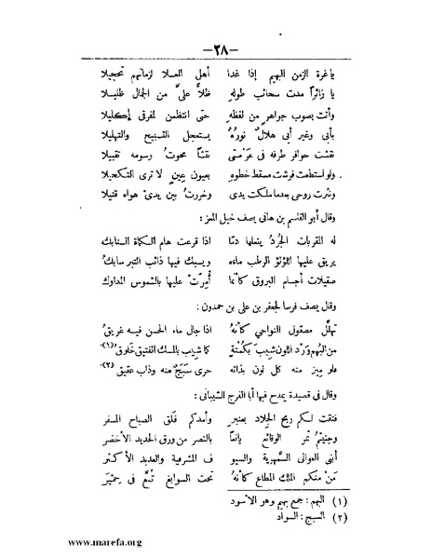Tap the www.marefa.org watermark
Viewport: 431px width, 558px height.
click(x=72, y=538)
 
